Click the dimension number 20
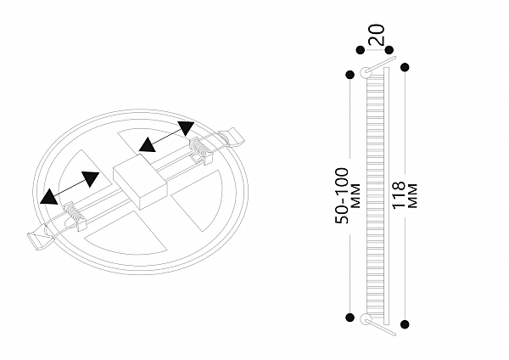pos(377,35)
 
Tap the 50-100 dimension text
pos(342,195)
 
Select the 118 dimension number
pos(399,195)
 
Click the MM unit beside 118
pos(412,195)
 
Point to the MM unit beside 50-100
pos(355,195)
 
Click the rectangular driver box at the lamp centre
pos(140,181)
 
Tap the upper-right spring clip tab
pos(232,138)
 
